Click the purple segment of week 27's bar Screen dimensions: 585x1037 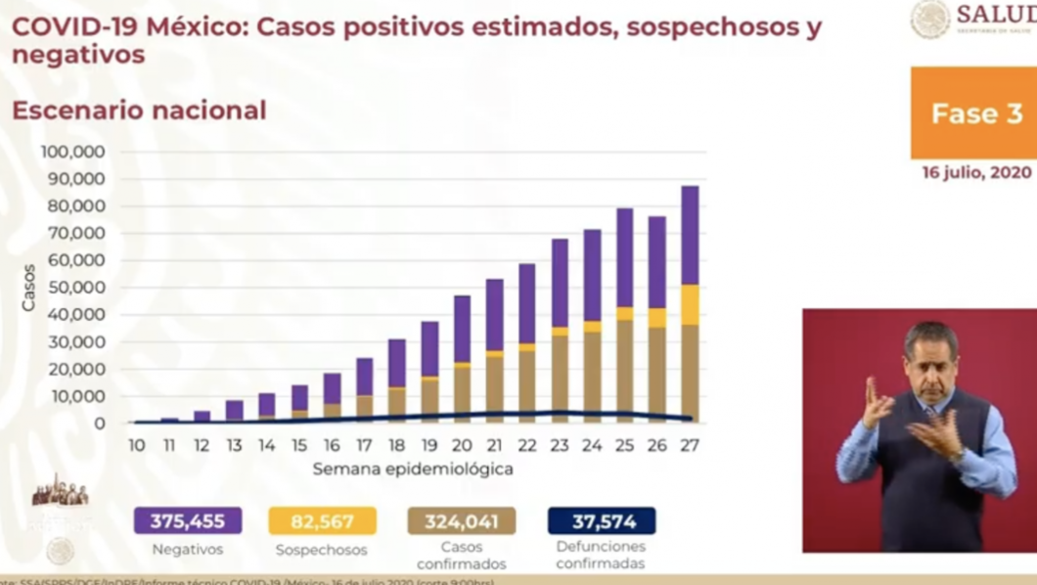(x=690, y=235)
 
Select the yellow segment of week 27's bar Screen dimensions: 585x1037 (x=690, y=304)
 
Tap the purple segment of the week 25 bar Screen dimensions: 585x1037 (x=624, y=257)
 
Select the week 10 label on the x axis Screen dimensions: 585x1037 (x=136, y=445)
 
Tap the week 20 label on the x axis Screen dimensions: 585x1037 (x=461, y=445)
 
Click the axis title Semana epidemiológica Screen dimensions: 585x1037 (x=413, y=469)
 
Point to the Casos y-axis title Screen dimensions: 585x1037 (x=28, y=288)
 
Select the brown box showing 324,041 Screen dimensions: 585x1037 (x=462, y=521)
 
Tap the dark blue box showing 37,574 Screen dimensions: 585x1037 (x=601, y=521)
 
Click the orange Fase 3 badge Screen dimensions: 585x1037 (x=974, y=112)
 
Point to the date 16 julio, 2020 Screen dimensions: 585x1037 (x=975, y=172)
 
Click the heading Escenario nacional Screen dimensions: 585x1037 (x=139, y=111)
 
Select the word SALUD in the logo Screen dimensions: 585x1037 (x=996, y=15)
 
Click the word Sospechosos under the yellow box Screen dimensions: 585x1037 (x=321, y=550)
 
